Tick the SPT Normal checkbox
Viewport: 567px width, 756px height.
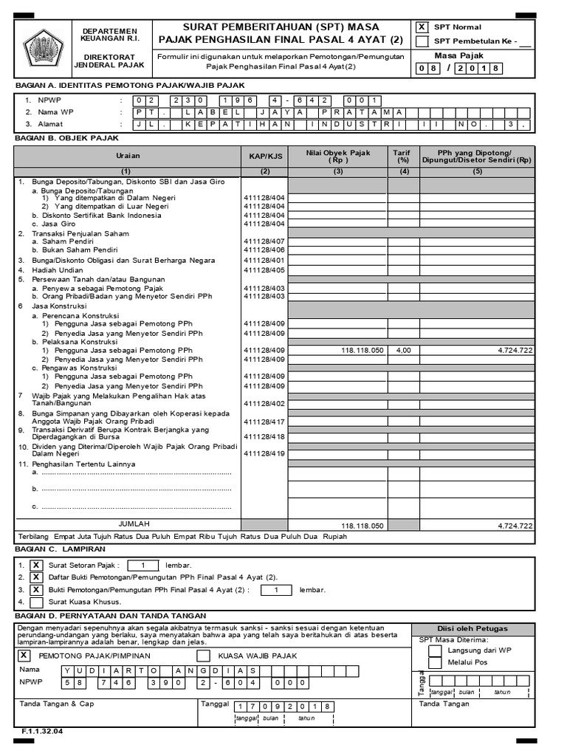click(x=422, y=27)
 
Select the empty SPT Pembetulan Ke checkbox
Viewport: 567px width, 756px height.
click(x=422, y=41)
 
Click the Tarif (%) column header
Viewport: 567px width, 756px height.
click(x=402, y=156)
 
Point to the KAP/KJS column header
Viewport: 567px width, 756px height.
click(x=264, y=156)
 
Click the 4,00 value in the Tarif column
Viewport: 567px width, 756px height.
click(x=402, y=350)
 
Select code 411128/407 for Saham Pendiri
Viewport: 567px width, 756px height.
click(x=264, y=241)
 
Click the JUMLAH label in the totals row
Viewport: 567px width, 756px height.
click(x=134, y=523)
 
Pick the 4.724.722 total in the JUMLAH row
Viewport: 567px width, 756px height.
click(x=515, y=526)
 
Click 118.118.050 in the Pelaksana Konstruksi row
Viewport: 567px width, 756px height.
click(x=362, y=350)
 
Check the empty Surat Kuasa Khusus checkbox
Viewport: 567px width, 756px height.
click(x=36, y=602)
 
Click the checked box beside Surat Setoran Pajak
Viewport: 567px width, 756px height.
click(x=36, y=565)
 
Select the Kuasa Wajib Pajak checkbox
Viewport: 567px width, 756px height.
click(x=204, y=656)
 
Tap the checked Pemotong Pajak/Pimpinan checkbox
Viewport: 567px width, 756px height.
click(x=24, y=655)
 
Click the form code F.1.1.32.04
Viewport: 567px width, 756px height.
click(x=43, y=732)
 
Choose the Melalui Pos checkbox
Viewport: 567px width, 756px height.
click(x=436, y=662)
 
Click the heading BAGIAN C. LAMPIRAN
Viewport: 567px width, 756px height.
click(x=61, y=549)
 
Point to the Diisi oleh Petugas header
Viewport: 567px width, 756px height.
click(x=472, y=628)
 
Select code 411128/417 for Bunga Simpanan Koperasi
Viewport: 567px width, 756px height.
click(x=264, y=422)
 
